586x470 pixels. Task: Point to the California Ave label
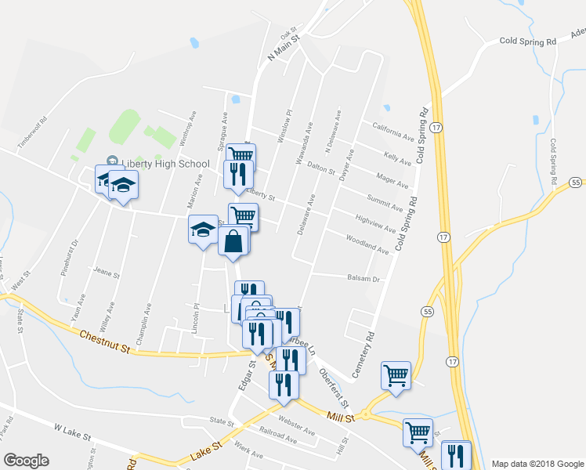[391, 132]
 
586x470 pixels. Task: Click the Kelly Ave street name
[397, 157]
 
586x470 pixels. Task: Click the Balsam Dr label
[364, 278]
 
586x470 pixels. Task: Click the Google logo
[26, 461]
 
